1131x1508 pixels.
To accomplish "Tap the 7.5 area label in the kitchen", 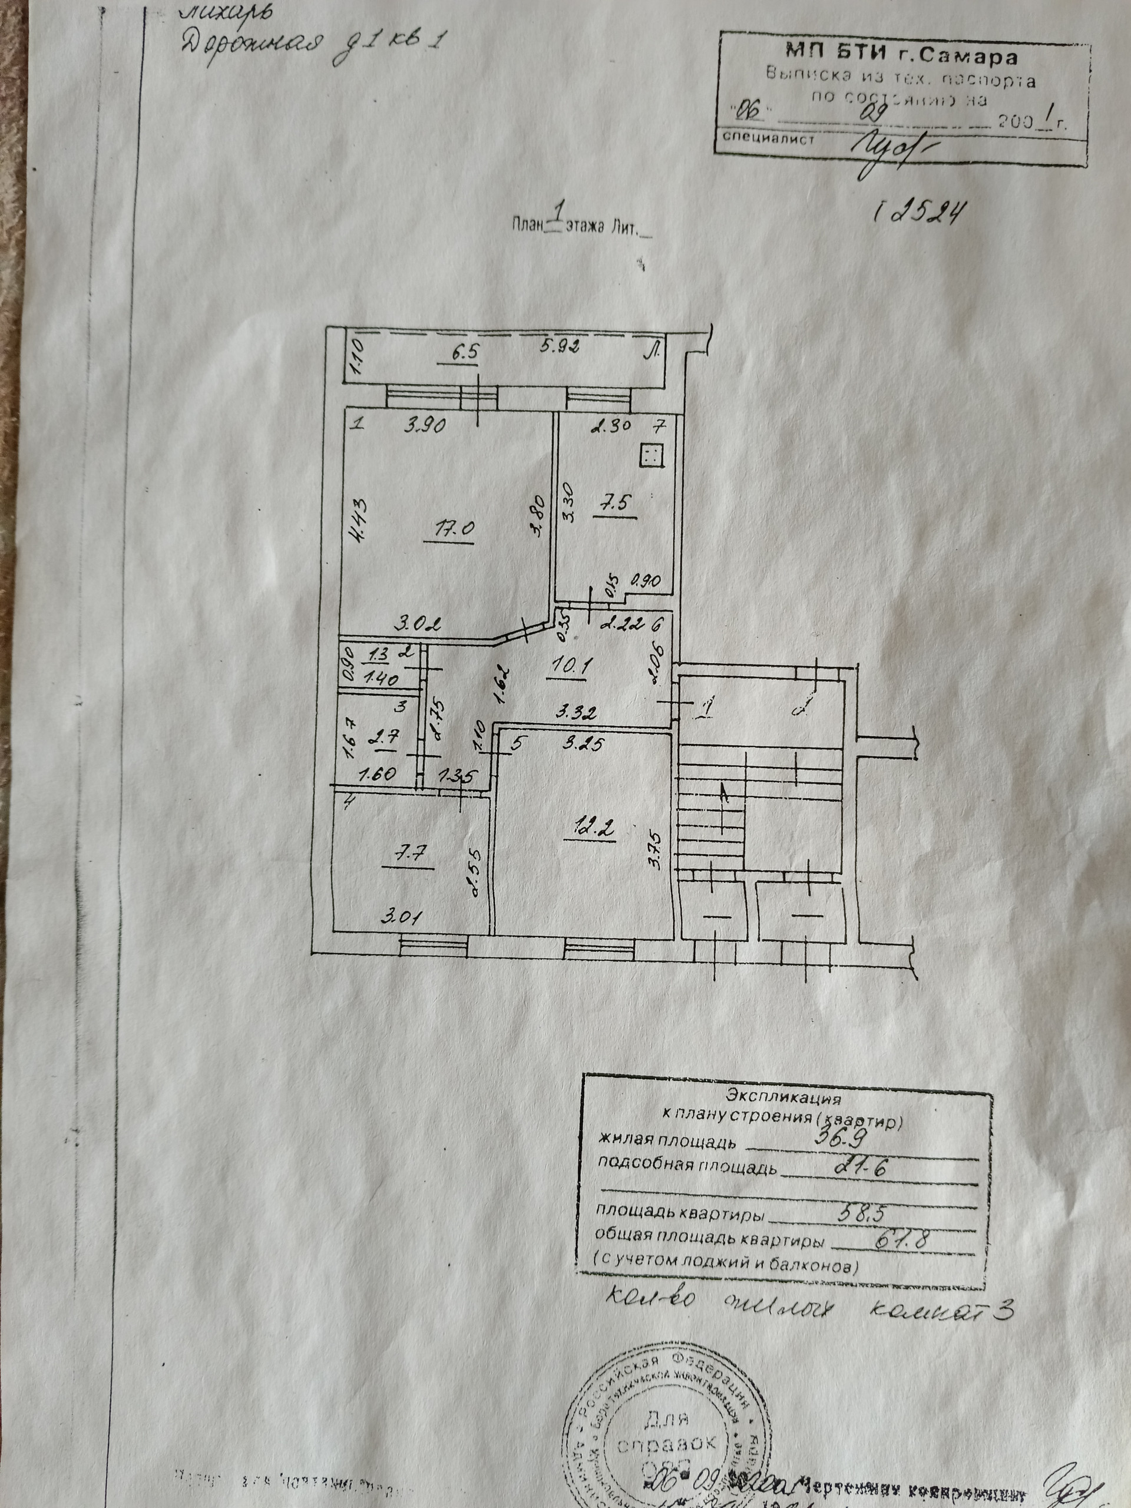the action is (x=614, y=503).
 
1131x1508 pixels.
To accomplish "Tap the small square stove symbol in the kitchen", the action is (x=650, y=455).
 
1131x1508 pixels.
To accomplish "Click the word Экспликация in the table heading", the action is (x=783, y=1098).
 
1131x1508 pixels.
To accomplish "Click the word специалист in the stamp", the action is (x=768, y=138).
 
